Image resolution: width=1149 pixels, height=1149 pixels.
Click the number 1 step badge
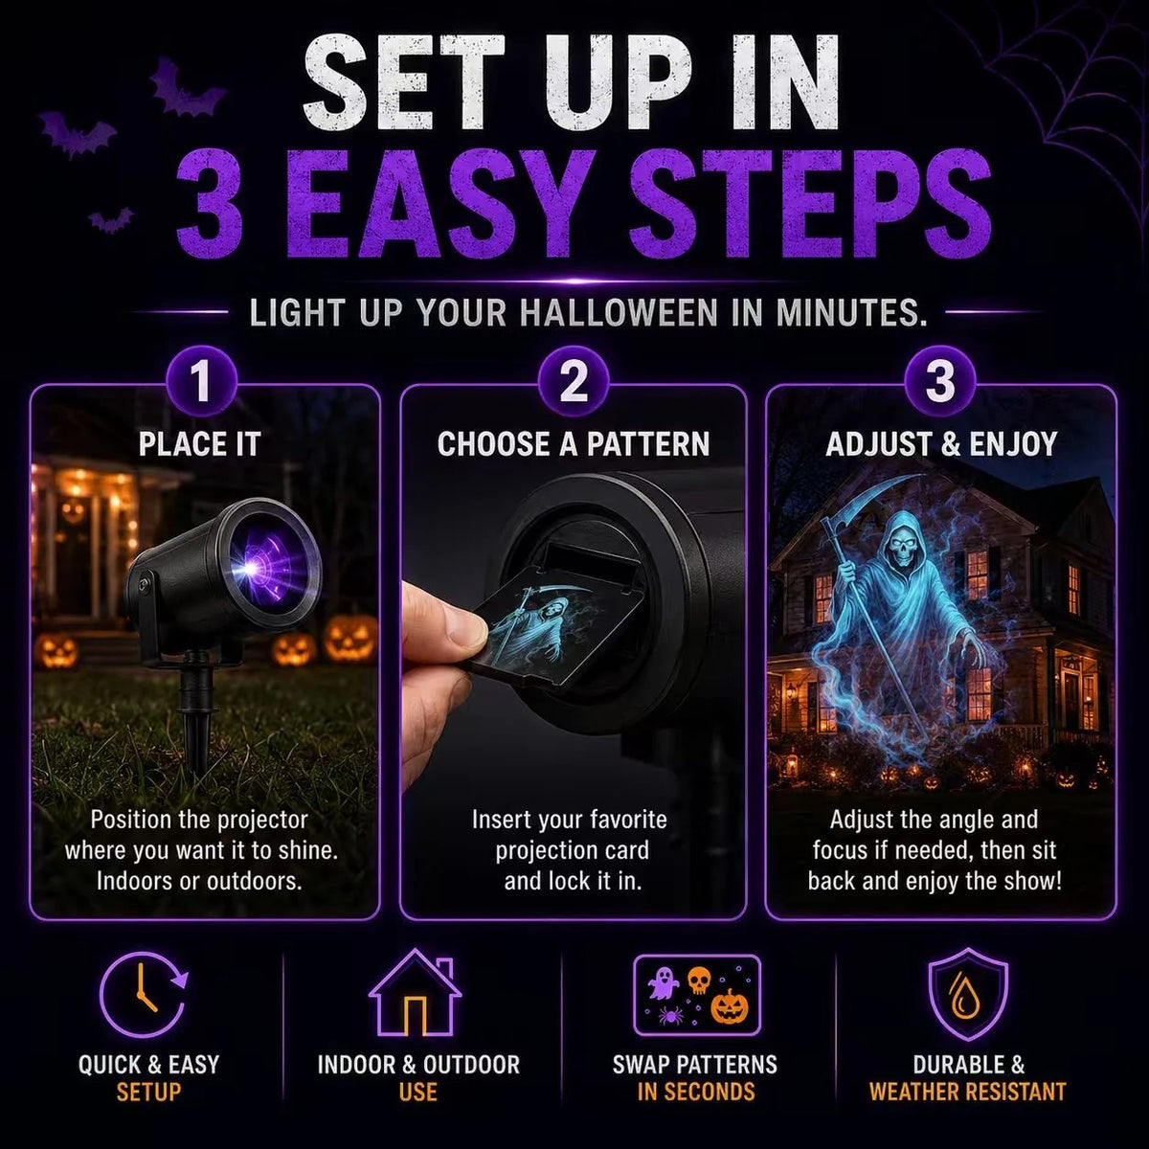[x=201, y=382]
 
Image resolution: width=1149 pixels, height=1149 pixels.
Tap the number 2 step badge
[x=573, y=382]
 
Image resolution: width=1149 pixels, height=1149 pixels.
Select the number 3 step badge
[x=939, y=382]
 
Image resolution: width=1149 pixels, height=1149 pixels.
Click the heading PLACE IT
[x=200, y=444]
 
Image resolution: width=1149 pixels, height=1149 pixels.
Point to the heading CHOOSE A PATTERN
[x=574, y=444]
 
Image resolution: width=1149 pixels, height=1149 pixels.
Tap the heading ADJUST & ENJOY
[x=941, y=444]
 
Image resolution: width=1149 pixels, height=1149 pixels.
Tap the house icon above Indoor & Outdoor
[x=415, y=993]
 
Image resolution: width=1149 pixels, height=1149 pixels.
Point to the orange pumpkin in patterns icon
[x=730, y=1006]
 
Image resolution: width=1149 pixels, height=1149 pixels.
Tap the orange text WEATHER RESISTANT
[x=967, y=1092]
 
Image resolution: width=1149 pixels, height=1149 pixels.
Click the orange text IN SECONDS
[x=696, y=1092]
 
